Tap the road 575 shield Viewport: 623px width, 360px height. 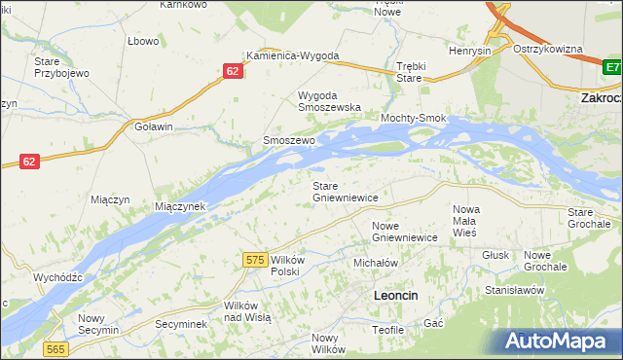[x=255, y=259]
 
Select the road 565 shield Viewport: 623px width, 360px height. [x=55, y=349]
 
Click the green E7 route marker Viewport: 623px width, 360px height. [x=611, y=67]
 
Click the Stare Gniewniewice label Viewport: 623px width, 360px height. [x=345, y=191]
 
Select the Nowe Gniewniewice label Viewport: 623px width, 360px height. [x=404, y=232]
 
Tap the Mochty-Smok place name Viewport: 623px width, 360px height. [x=413, y=119]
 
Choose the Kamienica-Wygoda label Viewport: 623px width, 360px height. [x=292, y=55]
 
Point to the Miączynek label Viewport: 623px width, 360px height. [x=180, y=207]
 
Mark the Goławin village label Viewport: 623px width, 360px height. [x=154, y=126]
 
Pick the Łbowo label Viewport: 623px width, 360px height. [x=143, y=41]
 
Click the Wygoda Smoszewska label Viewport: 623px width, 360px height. [x=329, y=101]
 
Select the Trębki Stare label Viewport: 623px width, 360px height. [x=414, y=72]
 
